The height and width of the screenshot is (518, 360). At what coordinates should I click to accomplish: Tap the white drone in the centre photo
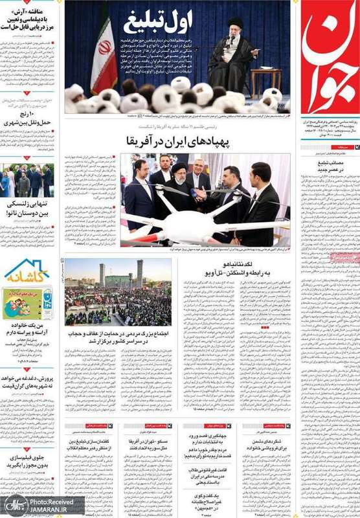pos(194,210)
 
